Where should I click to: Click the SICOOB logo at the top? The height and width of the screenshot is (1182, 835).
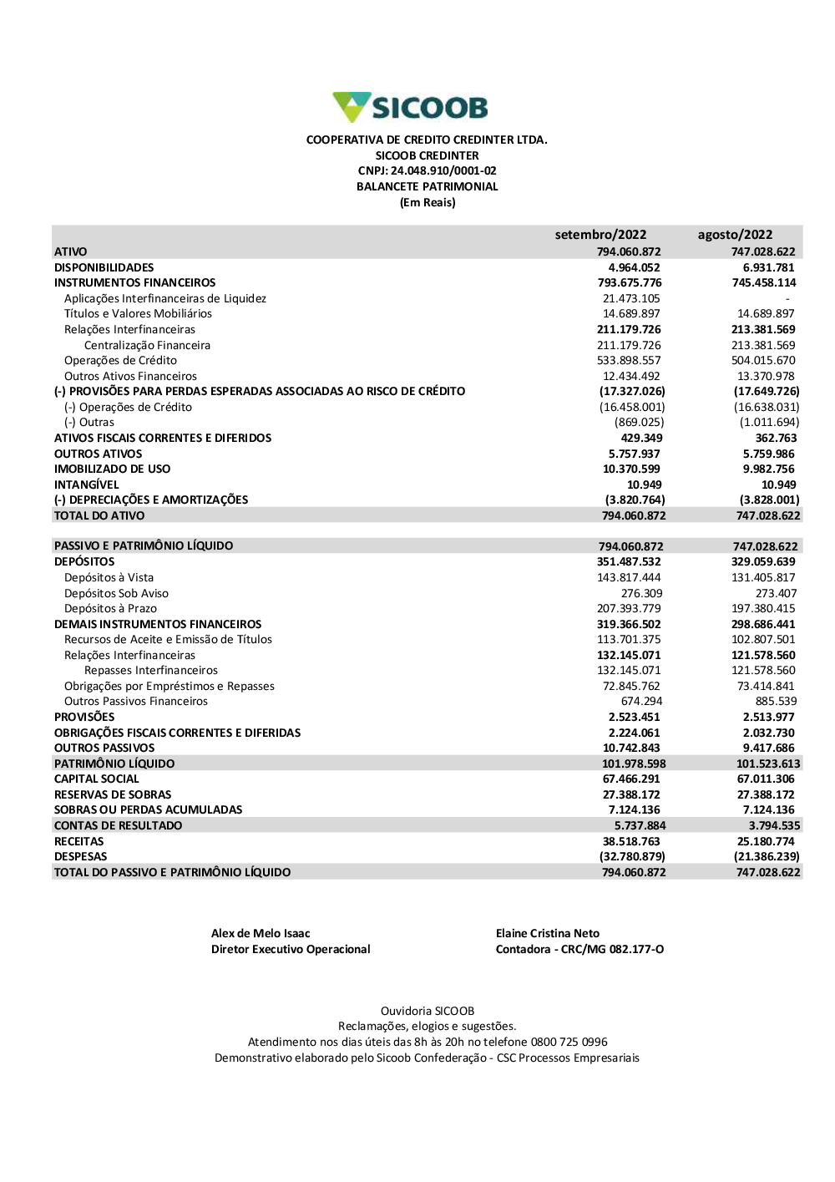coord(410,108)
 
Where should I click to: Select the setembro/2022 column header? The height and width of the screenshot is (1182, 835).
coord(600,235)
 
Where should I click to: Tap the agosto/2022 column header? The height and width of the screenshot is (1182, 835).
coord(735,235)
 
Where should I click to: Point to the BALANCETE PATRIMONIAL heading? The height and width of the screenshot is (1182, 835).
coord(427,187)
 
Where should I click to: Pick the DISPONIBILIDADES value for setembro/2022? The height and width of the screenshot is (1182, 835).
coord(634,267)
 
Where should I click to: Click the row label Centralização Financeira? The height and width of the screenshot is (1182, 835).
coord(147,345)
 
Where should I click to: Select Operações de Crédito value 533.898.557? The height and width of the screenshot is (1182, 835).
coord(631,361)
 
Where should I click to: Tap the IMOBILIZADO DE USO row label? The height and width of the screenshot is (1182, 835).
coord(112,469)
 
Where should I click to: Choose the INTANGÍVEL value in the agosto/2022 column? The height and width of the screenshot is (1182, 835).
coord(778,484)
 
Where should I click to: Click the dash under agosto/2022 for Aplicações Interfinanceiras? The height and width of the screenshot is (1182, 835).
coord(787,299)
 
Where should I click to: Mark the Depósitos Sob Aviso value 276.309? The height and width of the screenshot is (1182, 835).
coord(641,593)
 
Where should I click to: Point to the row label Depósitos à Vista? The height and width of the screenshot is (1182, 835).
coord(109,577)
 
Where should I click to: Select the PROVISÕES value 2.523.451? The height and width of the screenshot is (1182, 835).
coord(634,718)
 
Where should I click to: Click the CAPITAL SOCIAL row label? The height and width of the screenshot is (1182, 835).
coord(97,779)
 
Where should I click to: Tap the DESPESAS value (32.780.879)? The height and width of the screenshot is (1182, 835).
coord(632,857)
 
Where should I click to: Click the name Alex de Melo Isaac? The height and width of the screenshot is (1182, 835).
coord(261,934)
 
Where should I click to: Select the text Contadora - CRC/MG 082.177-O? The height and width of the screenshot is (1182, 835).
coord(579,950)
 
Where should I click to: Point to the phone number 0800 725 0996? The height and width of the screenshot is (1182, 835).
coord(569,1042)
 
